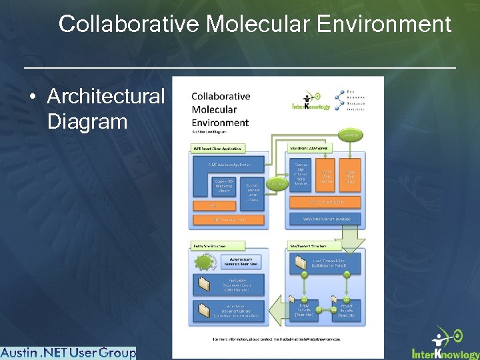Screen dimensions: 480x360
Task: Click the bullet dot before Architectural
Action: (33, 97)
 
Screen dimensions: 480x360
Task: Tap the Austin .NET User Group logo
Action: (68, 353)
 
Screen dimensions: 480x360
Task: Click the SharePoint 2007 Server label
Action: (312, 147)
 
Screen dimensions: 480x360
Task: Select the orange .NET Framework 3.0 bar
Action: (229, 219)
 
